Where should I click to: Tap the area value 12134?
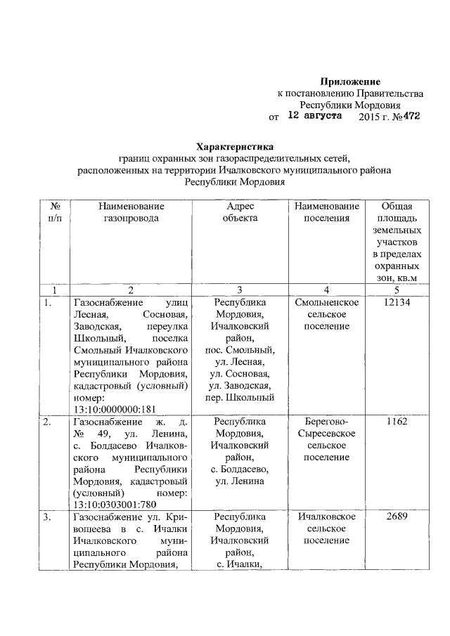coord(397,302)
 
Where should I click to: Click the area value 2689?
coord(397,517)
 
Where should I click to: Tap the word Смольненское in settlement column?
coord(327,302)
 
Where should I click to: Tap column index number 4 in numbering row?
coord(327,290)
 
